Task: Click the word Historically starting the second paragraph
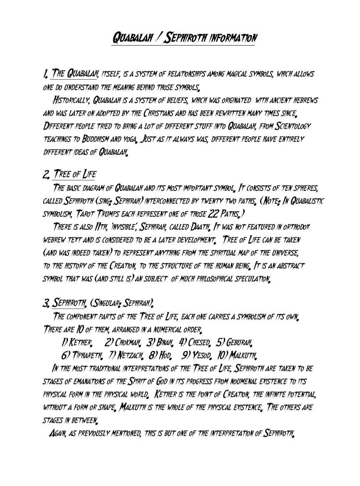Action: coord(71,101)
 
